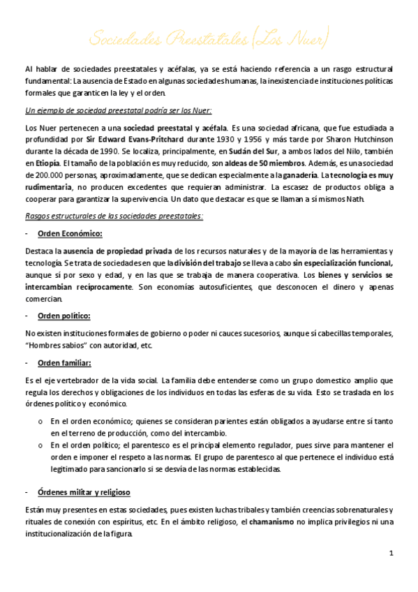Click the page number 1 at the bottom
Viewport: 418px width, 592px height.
(391, 553)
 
